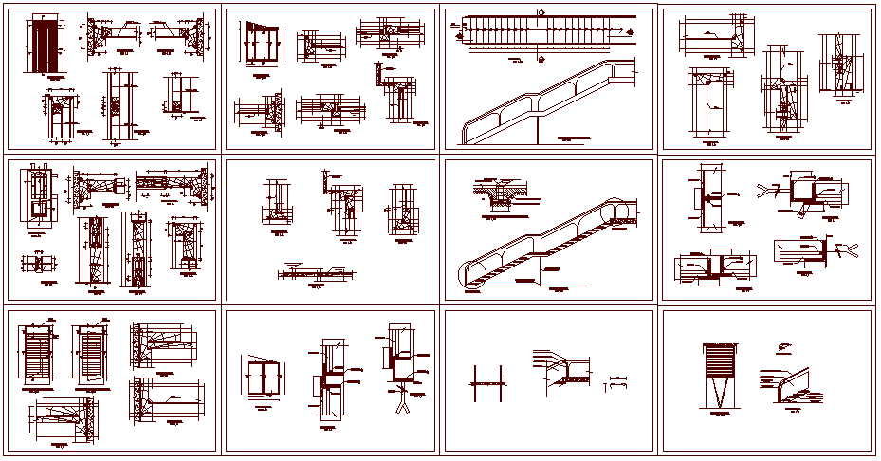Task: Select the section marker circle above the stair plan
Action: click(541, 12)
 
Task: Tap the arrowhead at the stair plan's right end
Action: click(623, 32)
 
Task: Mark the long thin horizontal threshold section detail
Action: click(313, 274)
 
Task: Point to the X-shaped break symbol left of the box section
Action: click(765, 191)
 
